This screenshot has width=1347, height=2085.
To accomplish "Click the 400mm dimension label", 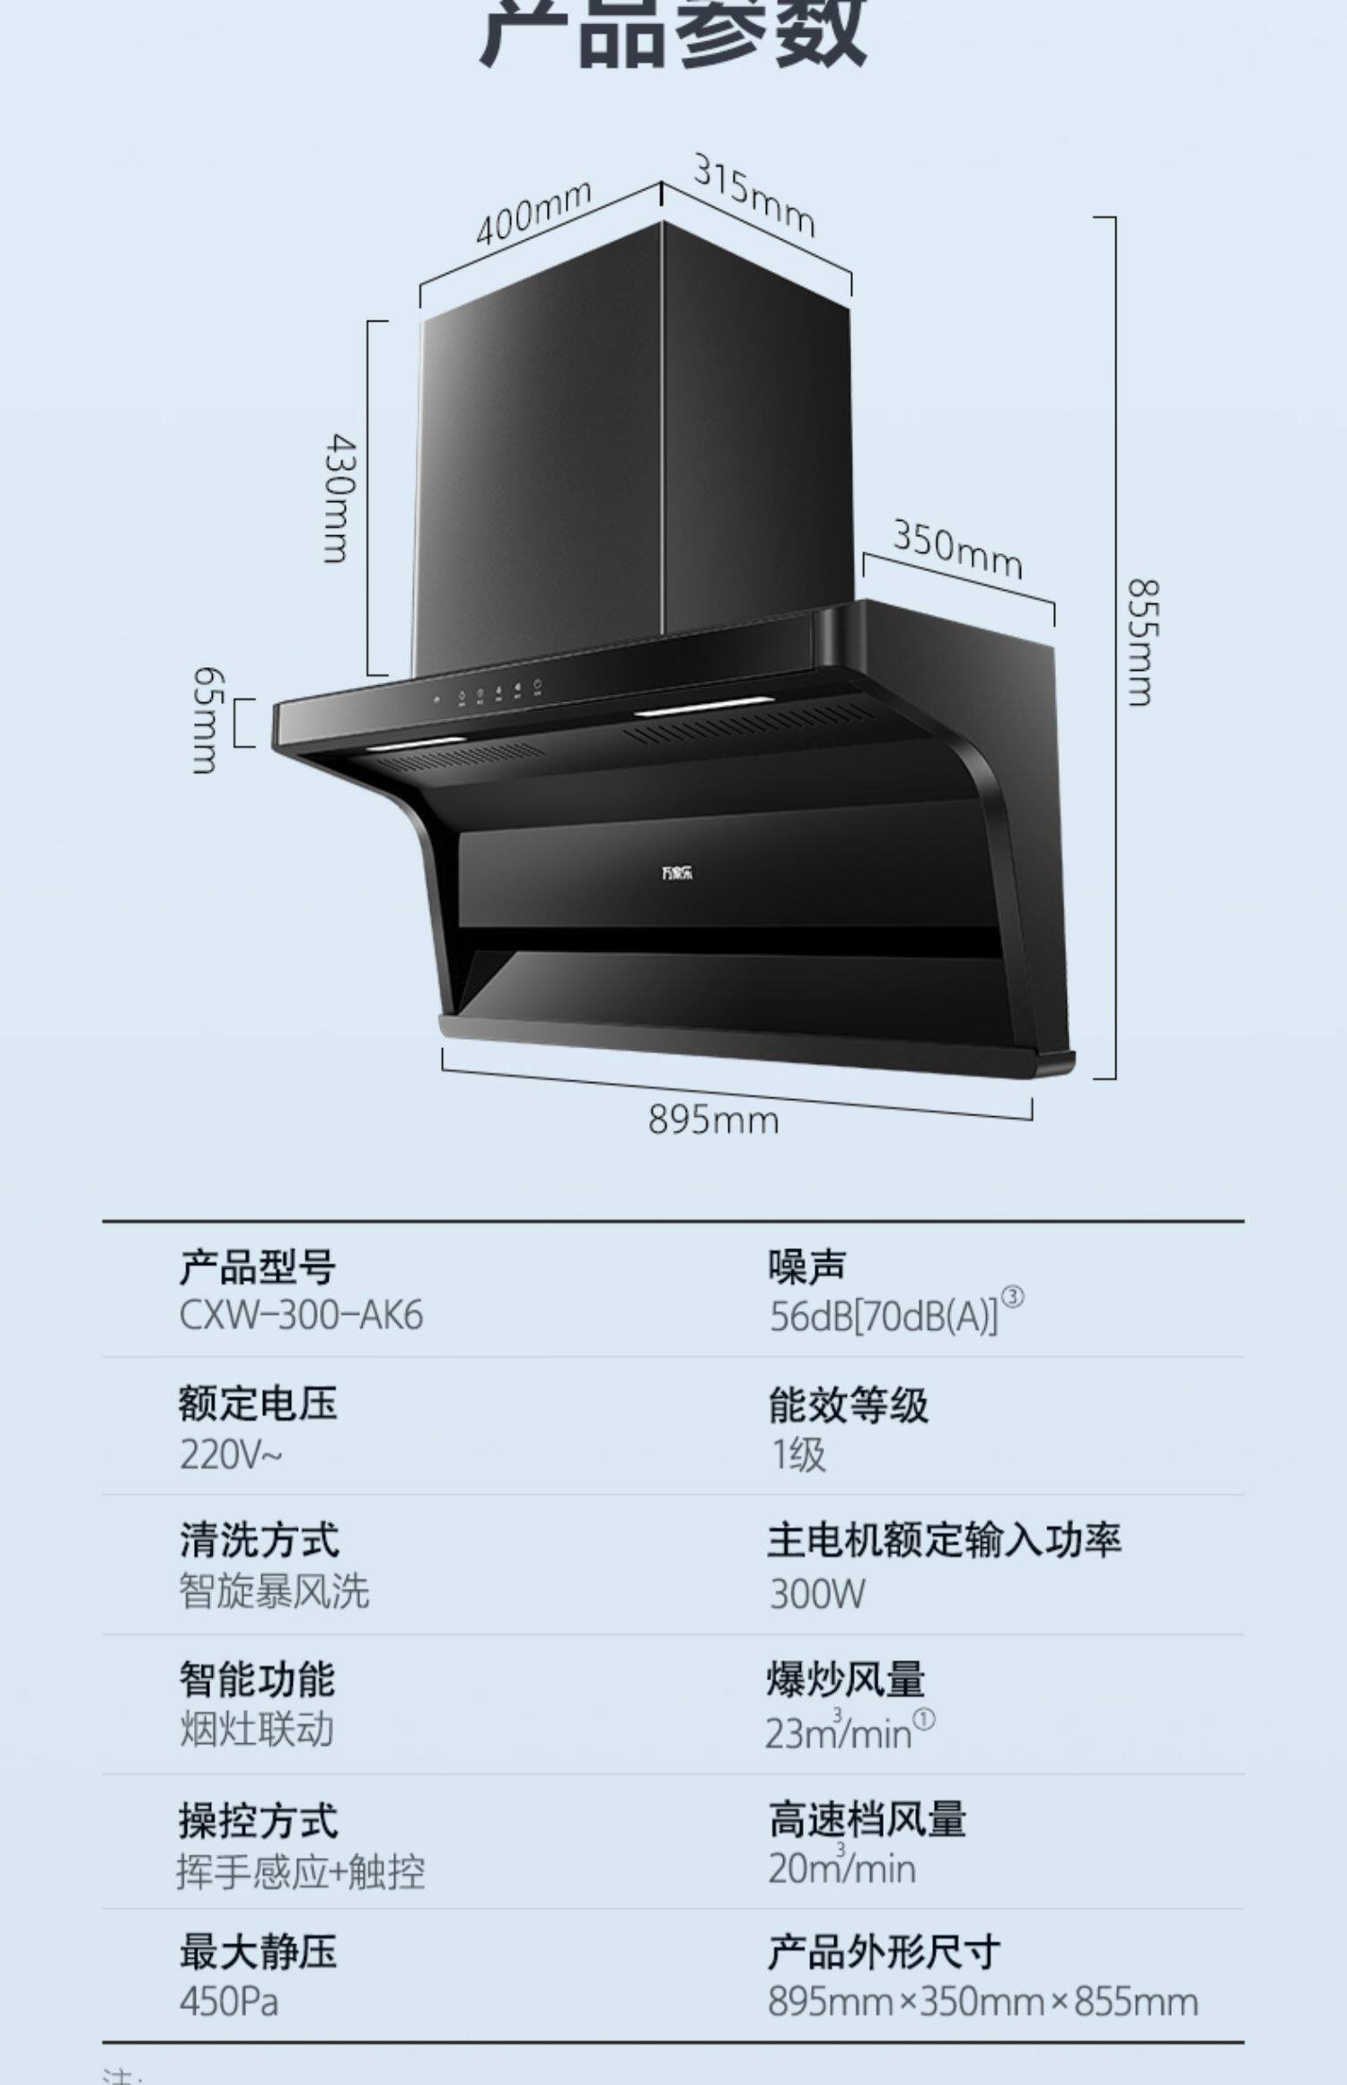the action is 533,213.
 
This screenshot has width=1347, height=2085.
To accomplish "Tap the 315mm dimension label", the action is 753,195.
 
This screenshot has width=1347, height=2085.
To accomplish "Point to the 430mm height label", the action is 339,498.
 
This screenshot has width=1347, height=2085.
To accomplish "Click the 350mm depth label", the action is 957,549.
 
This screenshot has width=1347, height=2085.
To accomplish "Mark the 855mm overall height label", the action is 1142,642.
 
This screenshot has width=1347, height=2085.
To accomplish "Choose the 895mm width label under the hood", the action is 713,1120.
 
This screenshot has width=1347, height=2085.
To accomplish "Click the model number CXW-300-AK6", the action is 301,1315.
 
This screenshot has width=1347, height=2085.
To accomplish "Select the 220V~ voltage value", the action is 231,1456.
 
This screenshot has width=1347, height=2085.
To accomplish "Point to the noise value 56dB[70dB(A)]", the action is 884,1316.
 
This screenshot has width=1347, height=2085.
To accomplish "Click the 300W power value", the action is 817,1594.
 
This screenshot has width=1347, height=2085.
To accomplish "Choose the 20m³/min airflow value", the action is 841,1869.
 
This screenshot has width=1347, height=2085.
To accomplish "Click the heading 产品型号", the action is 257,1267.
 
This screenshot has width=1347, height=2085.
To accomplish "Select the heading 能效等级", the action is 848,1405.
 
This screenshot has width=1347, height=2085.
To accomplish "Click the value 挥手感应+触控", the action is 301,1872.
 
